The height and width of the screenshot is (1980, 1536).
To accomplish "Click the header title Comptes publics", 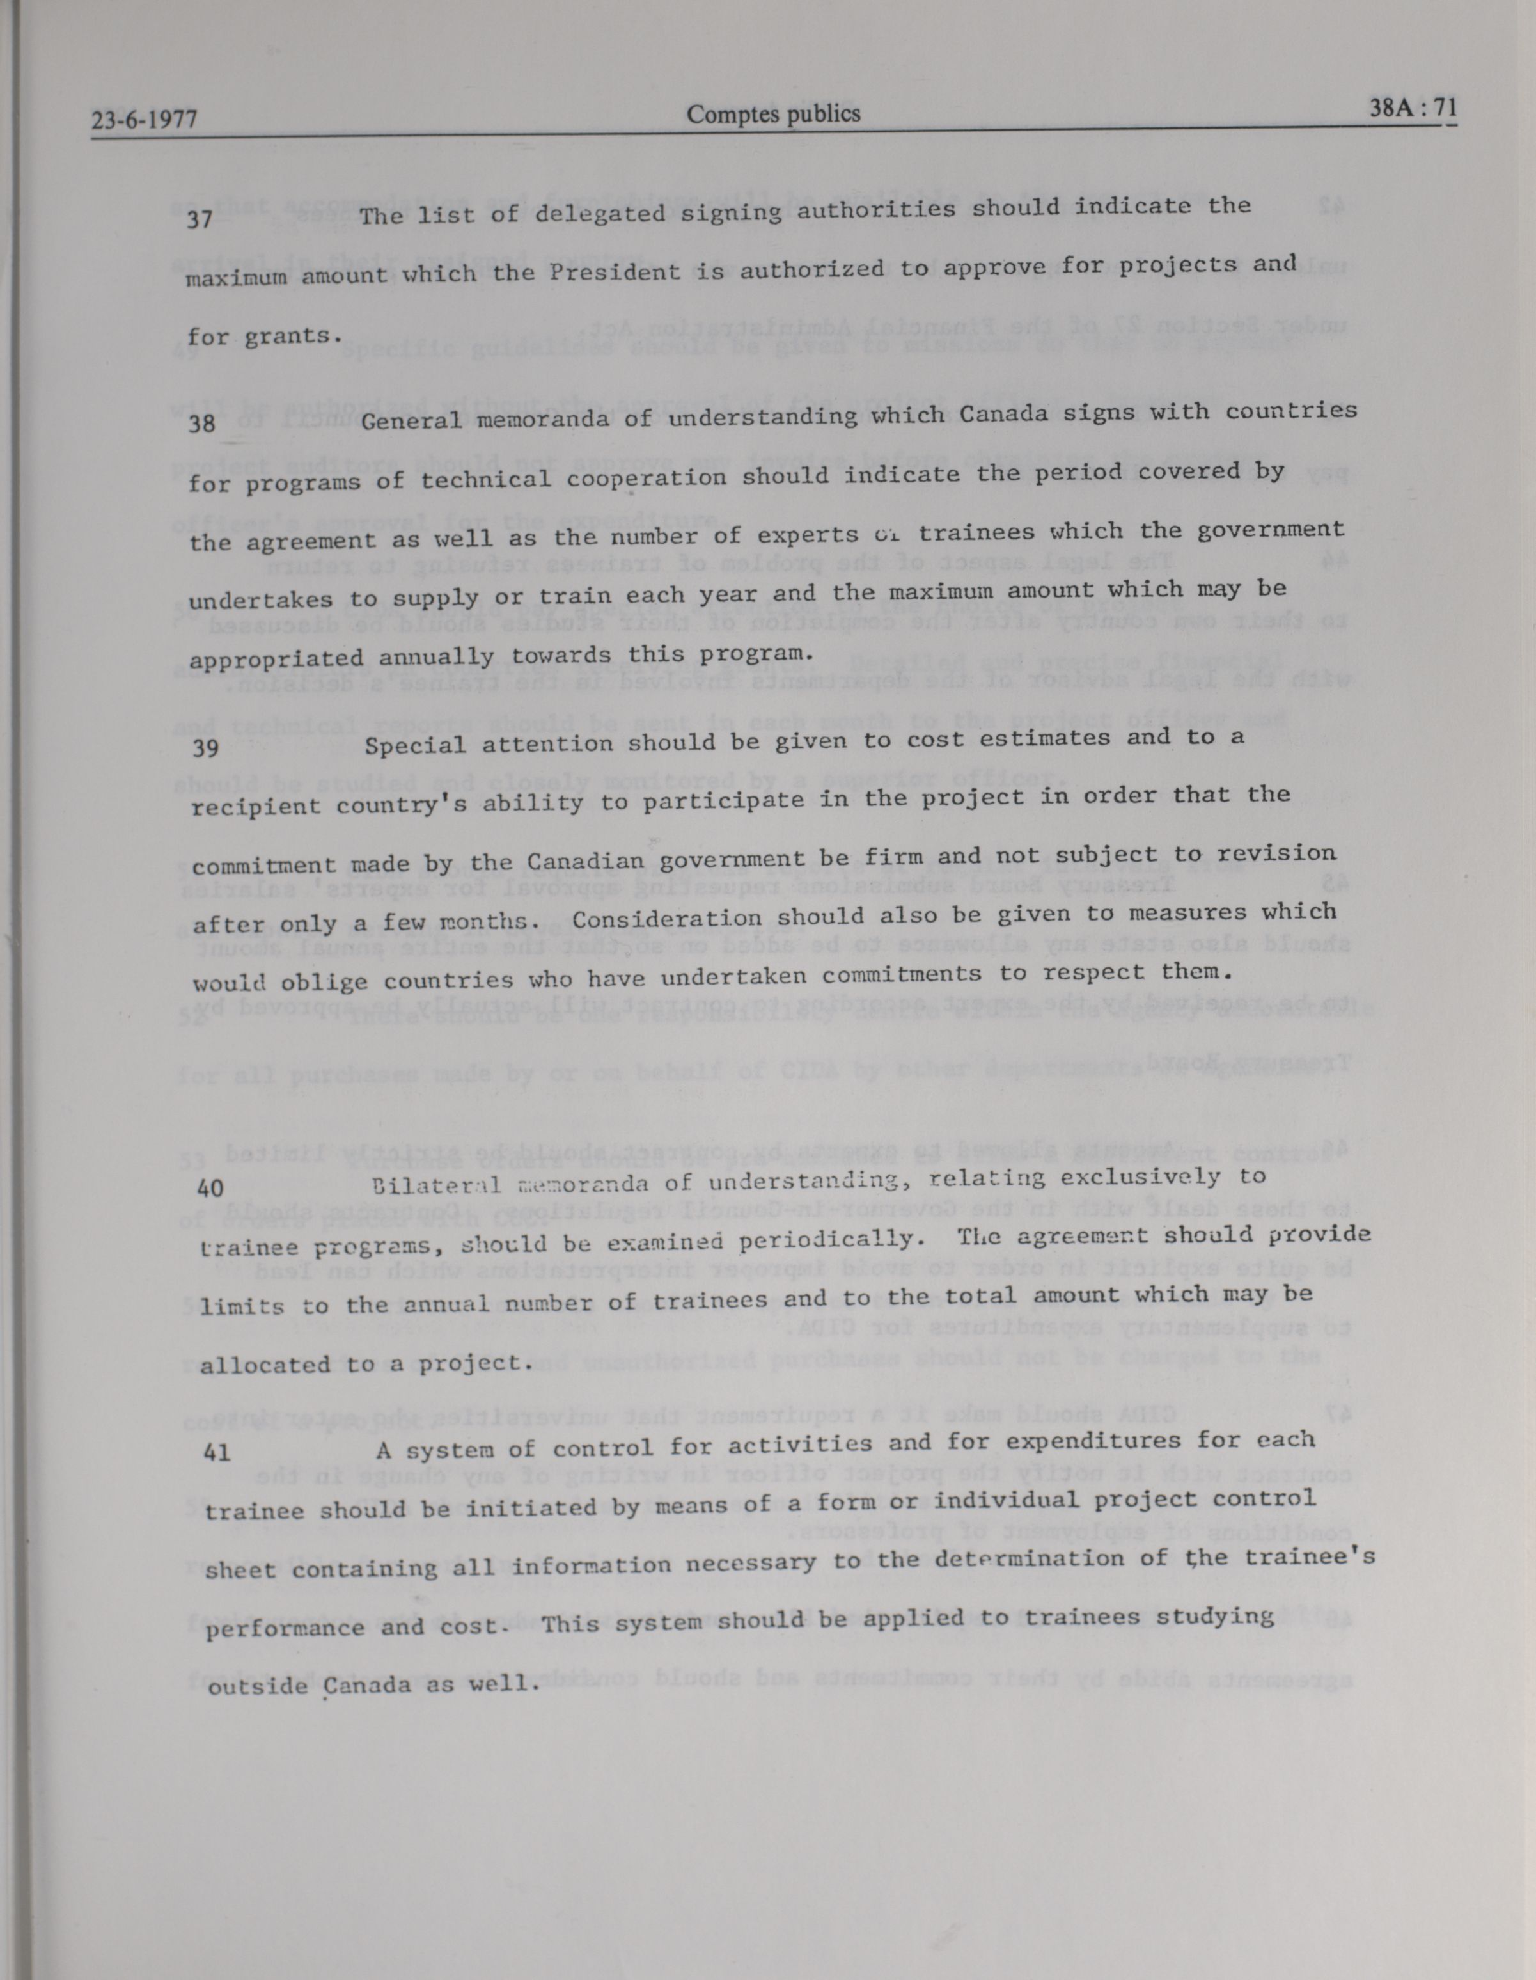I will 773,115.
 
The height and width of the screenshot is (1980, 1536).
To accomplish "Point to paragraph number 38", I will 202,424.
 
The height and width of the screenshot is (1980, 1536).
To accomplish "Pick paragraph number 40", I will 209,1187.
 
